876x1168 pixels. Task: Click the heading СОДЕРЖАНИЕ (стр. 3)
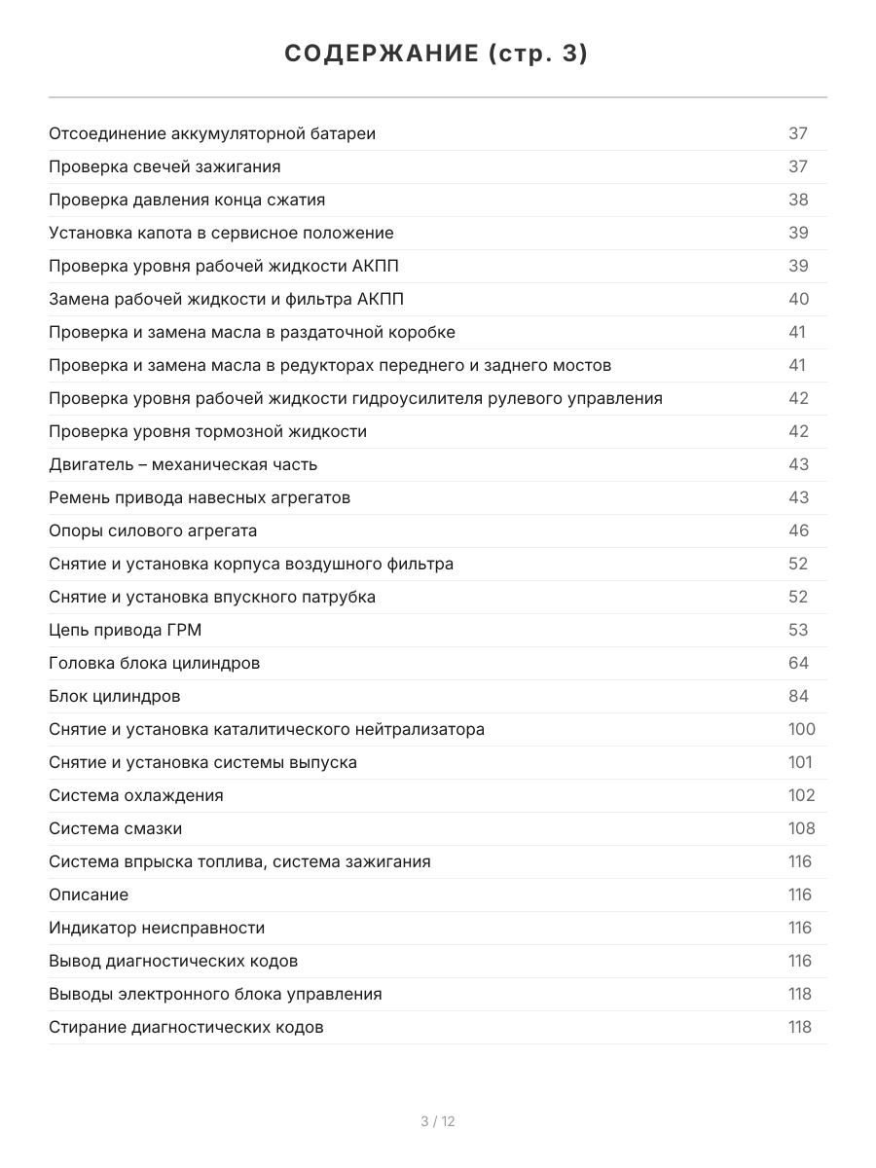(437, 55)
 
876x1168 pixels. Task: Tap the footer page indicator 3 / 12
(437, 1121)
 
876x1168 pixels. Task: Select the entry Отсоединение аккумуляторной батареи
(212, 133)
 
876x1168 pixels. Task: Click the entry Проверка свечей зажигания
(164, 166)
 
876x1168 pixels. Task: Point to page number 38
(798, 200)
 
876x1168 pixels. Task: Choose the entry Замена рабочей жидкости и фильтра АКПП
(226, 299)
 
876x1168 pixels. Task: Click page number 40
(798, 299)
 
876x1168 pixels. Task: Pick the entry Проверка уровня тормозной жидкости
(207, 431)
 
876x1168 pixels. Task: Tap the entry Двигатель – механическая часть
(183, 464)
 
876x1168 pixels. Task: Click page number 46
(798, 530)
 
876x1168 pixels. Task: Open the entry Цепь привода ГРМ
(126, 630)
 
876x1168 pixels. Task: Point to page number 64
(798, 663)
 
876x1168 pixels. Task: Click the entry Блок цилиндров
(115, 696)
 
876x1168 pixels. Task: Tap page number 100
(801, 729)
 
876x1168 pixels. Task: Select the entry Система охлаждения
(136, 795)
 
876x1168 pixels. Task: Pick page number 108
(801, 828)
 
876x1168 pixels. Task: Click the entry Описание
(89, 894)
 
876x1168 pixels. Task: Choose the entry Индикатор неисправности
(157, 928)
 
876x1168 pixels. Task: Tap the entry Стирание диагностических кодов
(186, 1027)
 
